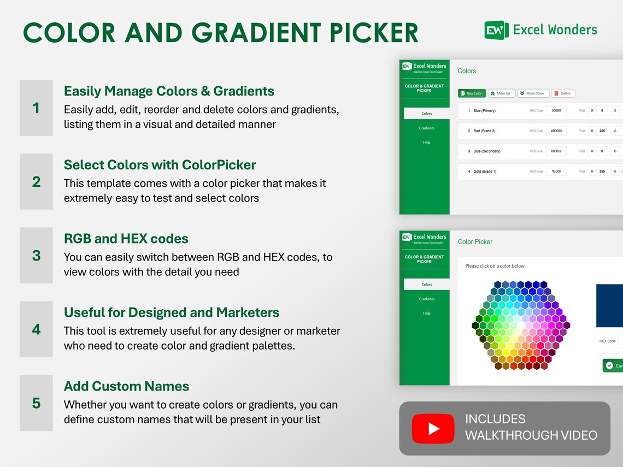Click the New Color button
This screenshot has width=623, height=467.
(472, 93)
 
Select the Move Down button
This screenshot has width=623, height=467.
(533, 93)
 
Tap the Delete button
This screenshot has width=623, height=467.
(563, 93)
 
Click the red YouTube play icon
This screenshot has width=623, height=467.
(433, 429)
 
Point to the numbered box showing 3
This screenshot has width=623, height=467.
(37, 256)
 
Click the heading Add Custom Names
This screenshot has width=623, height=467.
(126, 386)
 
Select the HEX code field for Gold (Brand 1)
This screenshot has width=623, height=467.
(556, 172)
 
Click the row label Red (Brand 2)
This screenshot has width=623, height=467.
(484, 131)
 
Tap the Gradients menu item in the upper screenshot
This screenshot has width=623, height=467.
(427, 128)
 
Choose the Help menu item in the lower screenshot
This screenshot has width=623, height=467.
(427, 313)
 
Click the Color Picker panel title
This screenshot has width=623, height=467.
(475, 242)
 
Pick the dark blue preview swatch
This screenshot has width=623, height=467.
(609, 305)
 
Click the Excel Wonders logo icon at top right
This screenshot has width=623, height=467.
(496, 29)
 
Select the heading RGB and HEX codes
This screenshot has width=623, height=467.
(126, 239)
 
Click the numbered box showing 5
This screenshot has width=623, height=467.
(37, 403)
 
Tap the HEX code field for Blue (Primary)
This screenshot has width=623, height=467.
(556, 111)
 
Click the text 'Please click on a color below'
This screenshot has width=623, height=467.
(495, 266)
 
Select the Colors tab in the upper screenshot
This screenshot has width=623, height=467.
(427, 114)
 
